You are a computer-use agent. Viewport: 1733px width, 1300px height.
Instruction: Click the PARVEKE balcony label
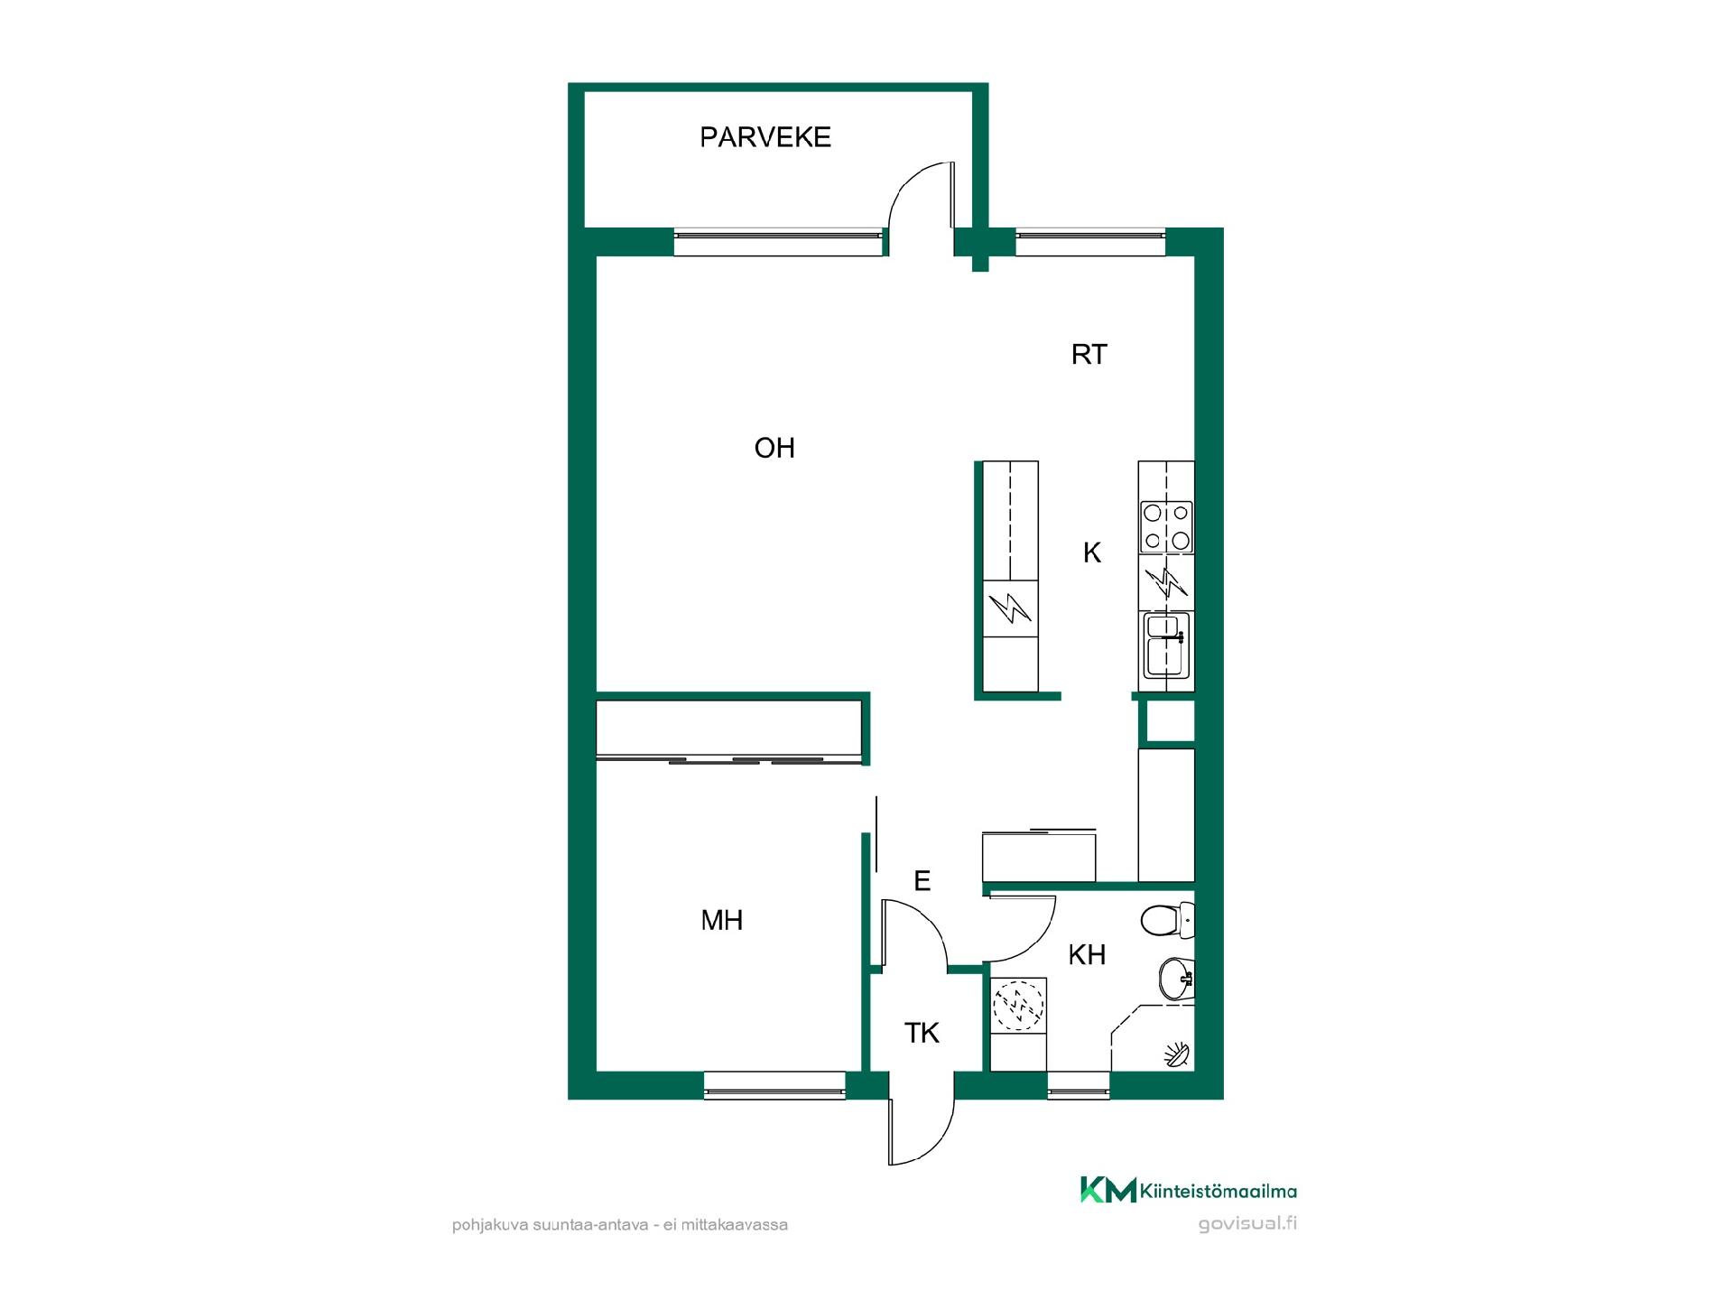765,137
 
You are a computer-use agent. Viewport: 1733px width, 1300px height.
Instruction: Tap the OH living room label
774,448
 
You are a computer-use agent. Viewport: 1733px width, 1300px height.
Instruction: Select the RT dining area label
1089,355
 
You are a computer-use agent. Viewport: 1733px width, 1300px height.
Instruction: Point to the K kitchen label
1092,552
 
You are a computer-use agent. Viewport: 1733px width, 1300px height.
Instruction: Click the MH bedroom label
722,920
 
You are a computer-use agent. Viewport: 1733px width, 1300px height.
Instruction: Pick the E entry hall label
922,880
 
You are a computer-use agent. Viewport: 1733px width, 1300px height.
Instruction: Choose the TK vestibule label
922,1033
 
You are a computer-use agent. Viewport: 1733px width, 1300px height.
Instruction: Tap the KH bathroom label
1087,954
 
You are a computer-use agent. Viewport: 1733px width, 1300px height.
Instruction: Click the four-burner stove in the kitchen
1166,526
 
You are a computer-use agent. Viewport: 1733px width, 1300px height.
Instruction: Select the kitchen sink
1168,645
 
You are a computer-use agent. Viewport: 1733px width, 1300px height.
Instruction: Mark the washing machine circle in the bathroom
1018,1007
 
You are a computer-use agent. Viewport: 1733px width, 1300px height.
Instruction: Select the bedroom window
774,1085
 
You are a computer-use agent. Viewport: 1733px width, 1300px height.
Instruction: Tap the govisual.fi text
1247,1224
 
